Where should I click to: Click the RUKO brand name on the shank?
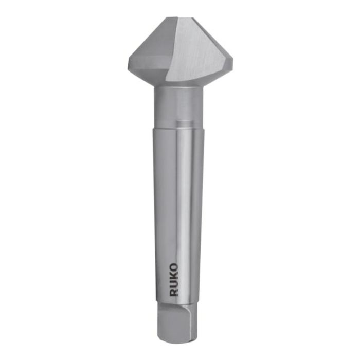click(174, 280)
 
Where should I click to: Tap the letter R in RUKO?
click(174, 292)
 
